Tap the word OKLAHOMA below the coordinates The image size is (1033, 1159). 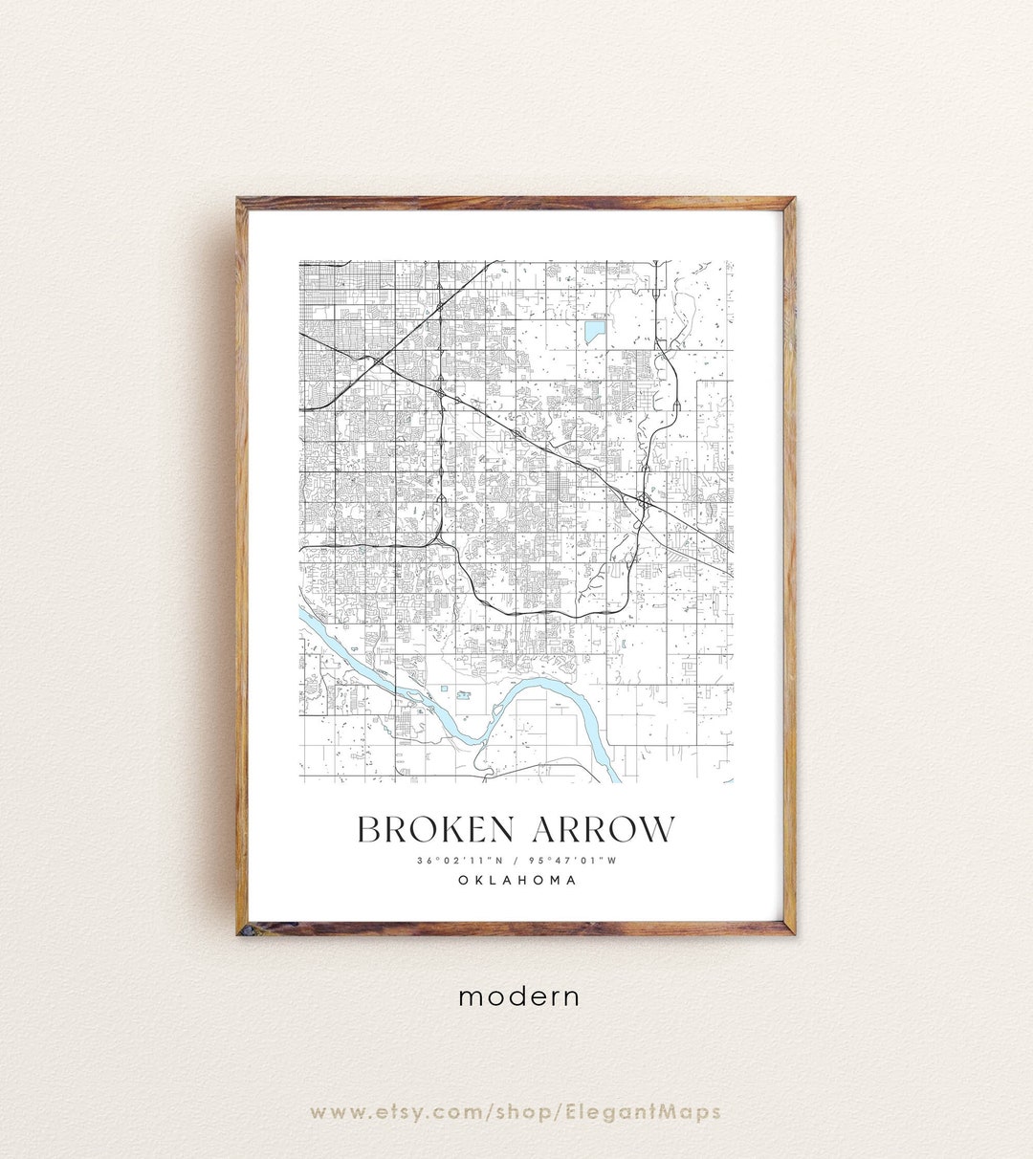pyautogui.click(x=516, y=880)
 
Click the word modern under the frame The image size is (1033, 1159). pyautogui.click(x=518, y=996)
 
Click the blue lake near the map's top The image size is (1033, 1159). pyautogui.click(x=594, y=332)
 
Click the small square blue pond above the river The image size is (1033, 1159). pyautogui.click(x=444, y=689)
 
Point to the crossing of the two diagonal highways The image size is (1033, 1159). pyautogui.click(x=380, y=361)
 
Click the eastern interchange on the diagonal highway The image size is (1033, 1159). pyautogui.click(x=644, y=499)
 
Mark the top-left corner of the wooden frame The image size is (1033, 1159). pyautogui.click(x=239, y=200)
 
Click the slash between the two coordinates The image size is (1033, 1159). pyautogui.click(x=516, y=860)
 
